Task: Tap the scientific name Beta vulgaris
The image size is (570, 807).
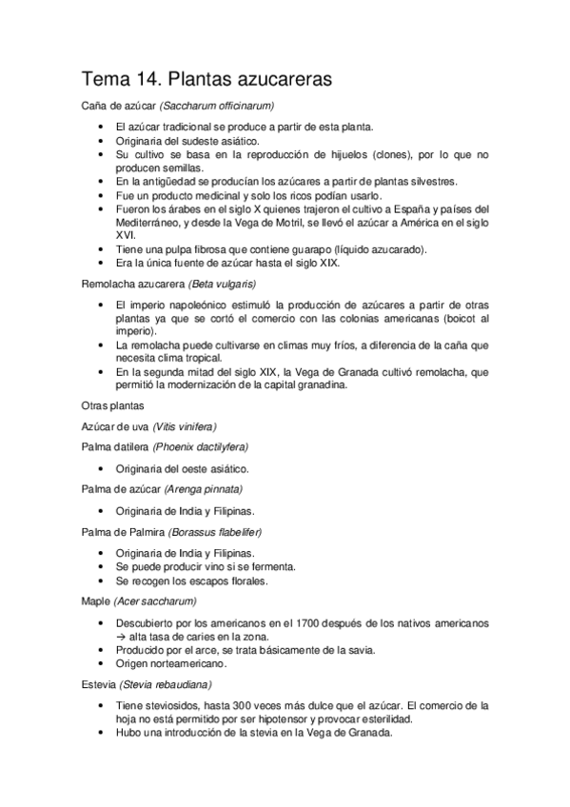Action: (222, 284)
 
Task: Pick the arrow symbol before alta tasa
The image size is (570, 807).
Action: (121, 636)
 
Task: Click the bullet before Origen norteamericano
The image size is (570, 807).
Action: (101, 662)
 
